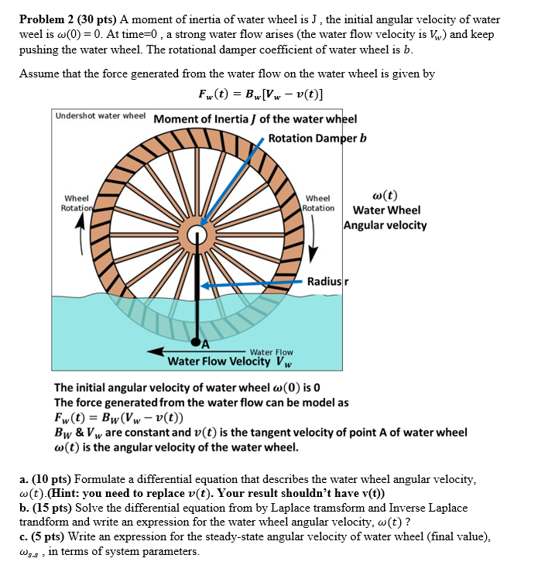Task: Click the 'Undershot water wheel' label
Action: coord(101,115)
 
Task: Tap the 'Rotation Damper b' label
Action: coord(317,138)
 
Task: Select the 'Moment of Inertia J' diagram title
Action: coord(255,119)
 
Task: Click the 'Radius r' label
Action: coord(327,281)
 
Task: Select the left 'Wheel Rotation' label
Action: coord(76,203)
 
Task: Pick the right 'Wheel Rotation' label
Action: coord(318,203)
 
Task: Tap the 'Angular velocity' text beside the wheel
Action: coord(385,225)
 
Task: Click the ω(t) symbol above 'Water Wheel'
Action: coord(385,196)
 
